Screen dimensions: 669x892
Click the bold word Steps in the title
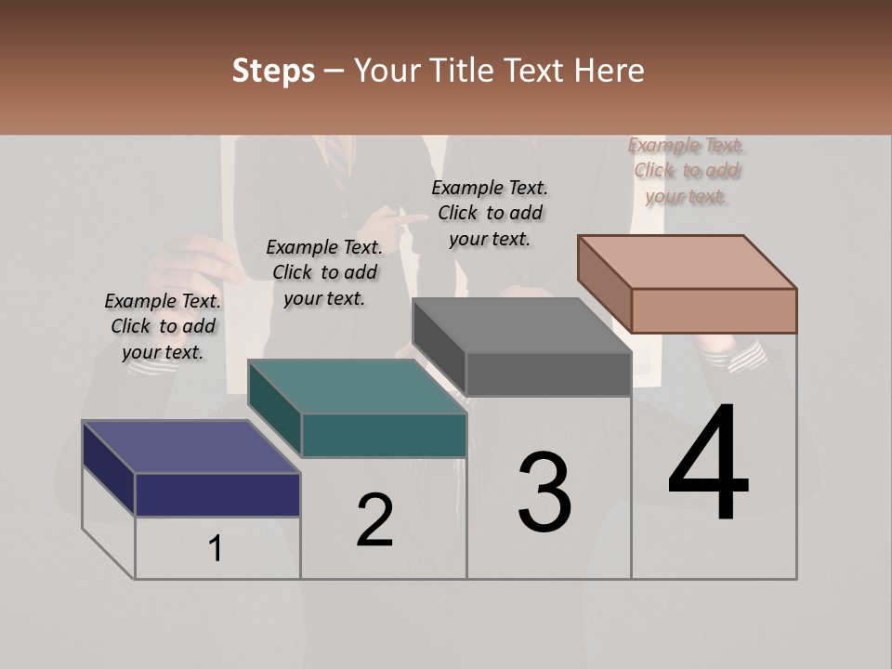[x=273, y=72]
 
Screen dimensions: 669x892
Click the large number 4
[x=708, y=465]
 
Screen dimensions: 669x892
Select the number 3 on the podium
[x=544, y=493]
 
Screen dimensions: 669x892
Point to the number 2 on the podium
[x=375, y=519]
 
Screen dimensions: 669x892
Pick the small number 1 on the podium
[x=216, y=549]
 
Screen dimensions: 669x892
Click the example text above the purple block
[x=163, y=326]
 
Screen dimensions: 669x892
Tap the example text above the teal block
[x=324, y=272]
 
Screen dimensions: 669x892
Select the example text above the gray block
[x=490, y=213]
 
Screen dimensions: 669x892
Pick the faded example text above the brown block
[x=687, y=170]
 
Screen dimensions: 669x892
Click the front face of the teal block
[x=384, y=435]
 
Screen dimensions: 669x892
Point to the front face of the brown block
[x=714, y=310]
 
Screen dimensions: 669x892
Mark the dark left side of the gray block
[x=439, y=346]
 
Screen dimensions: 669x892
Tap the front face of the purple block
[x=217, y=494]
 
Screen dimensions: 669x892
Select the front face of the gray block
[x=548, y=374]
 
